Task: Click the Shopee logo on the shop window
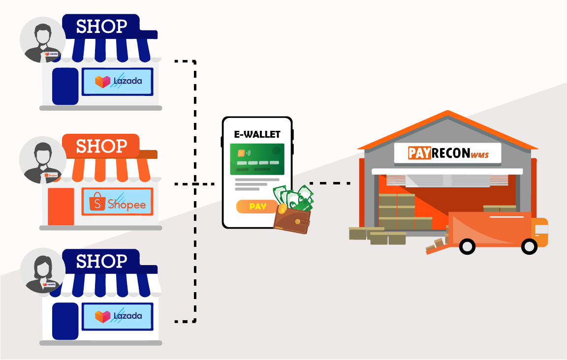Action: [117, 202]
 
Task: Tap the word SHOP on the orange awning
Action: [101, 146]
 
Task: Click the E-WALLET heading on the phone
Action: [257, 134]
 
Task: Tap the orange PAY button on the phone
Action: [257, 207]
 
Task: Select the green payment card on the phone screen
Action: [257, 159]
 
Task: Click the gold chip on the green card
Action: [241, 152]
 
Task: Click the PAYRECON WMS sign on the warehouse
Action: [447, 153]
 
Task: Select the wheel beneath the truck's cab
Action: [529, 246]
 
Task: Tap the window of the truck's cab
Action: [541, 229]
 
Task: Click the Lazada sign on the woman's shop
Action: [117, 316]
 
